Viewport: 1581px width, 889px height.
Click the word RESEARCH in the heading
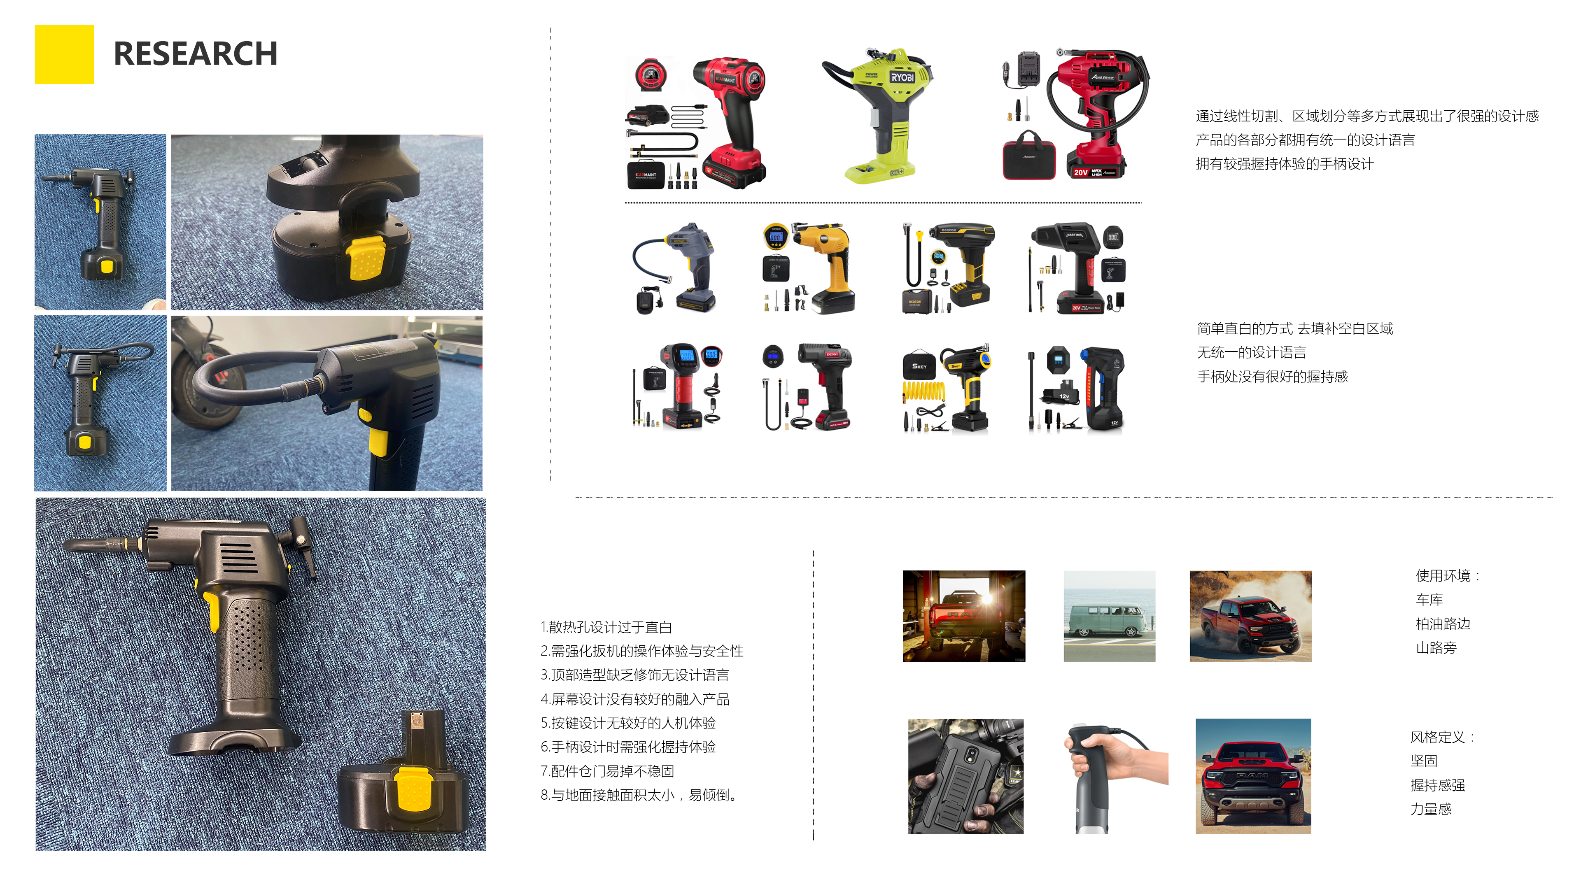(195, 54)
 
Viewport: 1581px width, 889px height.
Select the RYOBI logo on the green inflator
(902, 78)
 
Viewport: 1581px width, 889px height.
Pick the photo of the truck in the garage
(963, 616)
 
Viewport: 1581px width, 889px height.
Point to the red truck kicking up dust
(1250, 616)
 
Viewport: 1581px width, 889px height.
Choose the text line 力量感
(1431, 809)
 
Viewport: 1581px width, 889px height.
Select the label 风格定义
(1441, 737)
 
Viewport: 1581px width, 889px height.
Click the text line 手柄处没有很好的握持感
(1272, 376)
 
